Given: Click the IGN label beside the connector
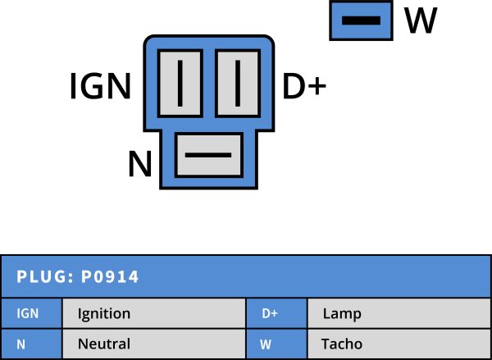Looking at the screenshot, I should point(100,86).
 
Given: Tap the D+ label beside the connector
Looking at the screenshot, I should point(304,86).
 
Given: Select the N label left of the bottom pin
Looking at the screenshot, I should point(140,165).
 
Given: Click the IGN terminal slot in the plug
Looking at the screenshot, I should point(180,80).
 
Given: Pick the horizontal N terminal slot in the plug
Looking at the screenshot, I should point(208,154).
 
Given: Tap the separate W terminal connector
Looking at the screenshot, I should point(360,20).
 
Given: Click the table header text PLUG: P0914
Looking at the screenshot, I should point(78,277).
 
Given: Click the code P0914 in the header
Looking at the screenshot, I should point(110,277).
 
